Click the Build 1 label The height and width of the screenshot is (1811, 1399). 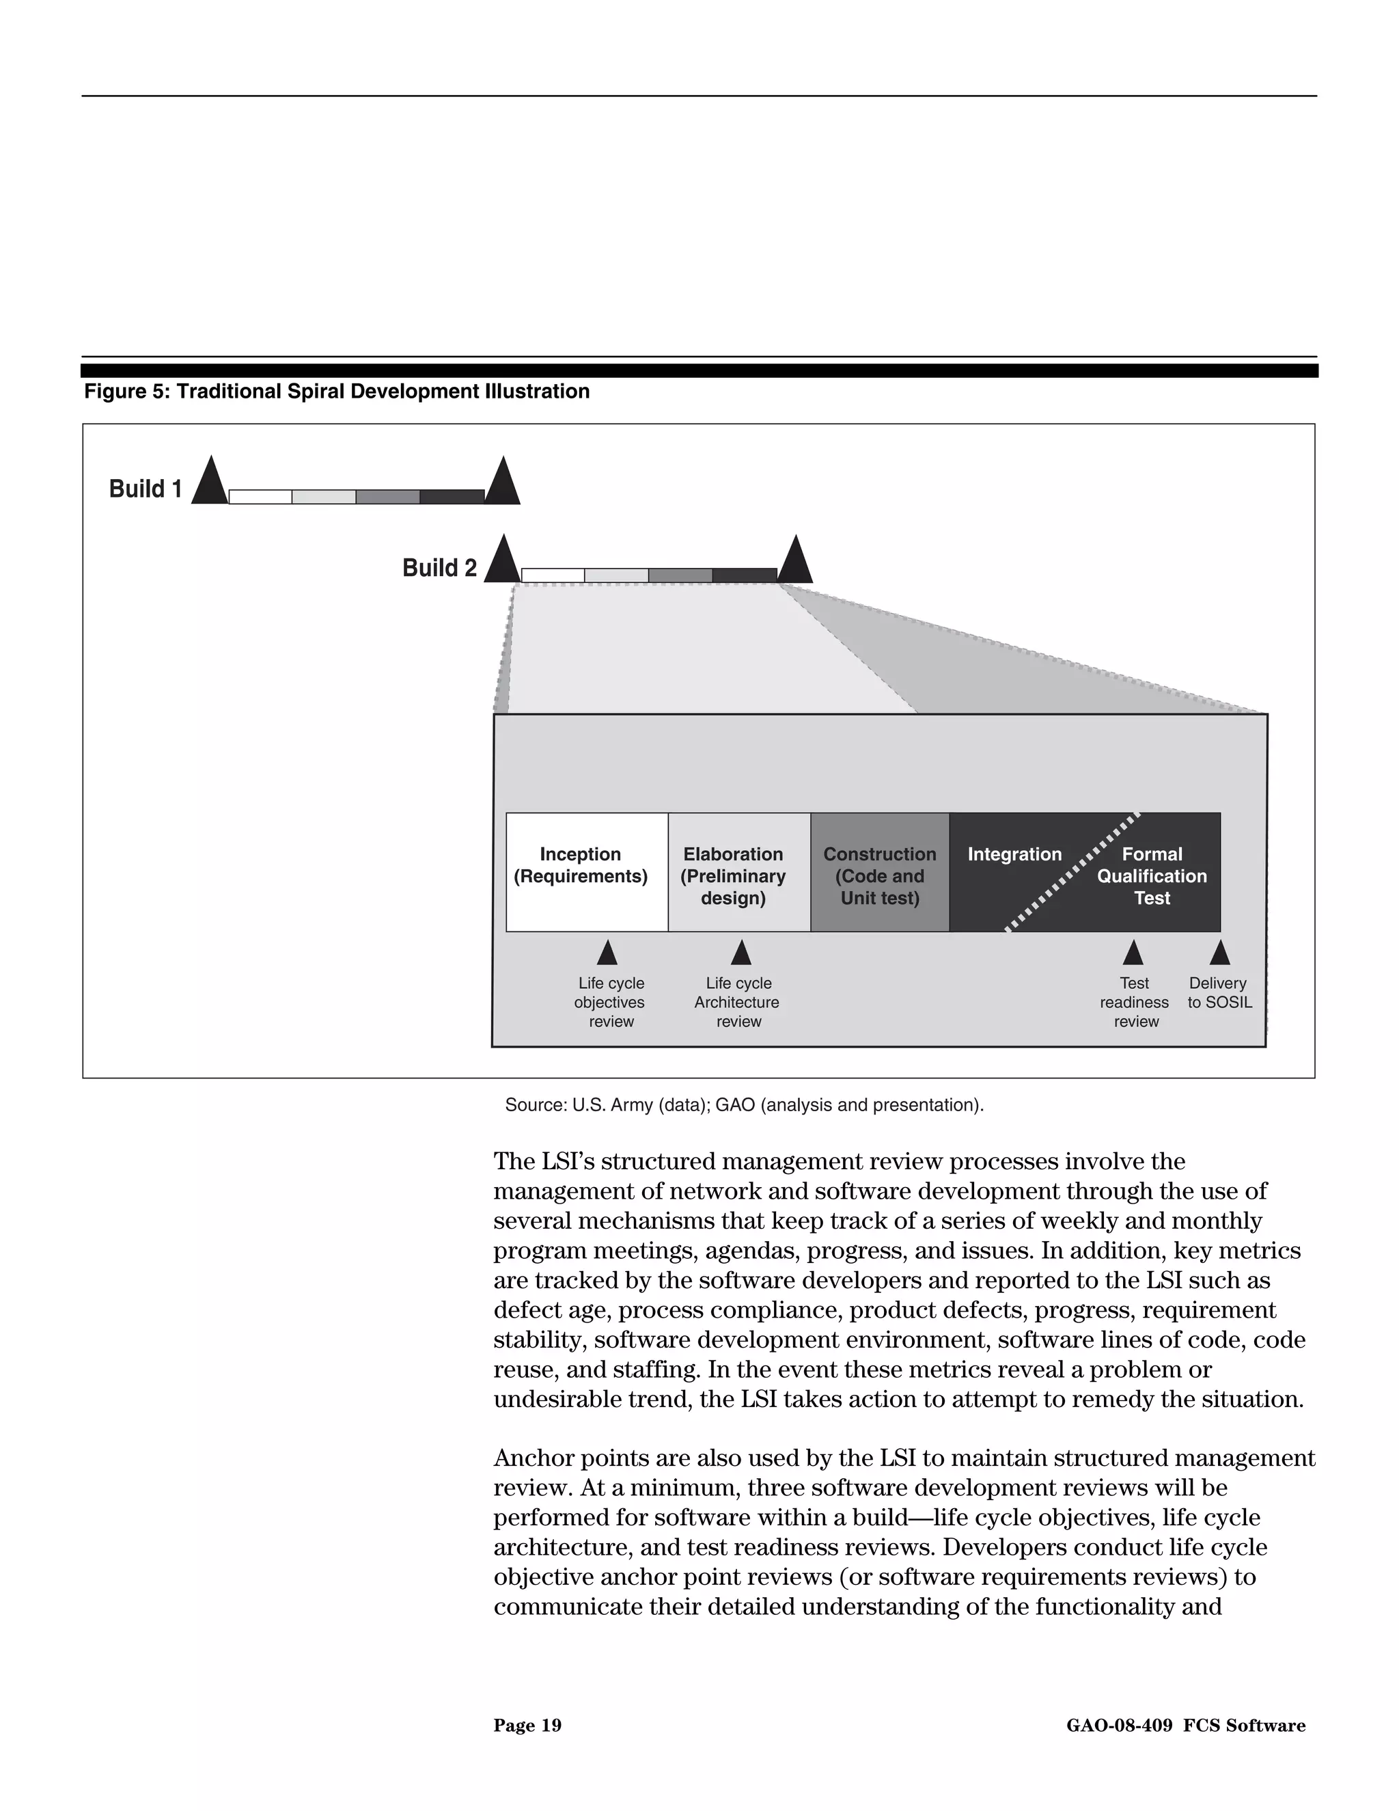tap(146, 489)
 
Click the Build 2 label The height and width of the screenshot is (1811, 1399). tap(439, 568)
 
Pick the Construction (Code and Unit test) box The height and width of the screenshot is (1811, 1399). tap(879, 872)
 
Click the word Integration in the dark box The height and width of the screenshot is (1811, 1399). tap(1014, 854)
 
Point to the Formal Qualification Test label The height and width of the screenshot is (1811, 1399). tap(1151, 875)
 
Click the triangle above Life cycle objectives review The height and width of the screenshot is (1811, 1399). tap(607, 953)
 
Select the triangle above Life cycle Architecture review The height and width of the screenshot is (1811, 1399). tap(741, 953)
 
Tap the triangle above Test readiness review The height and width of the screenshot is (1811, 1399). tap(1133, 953)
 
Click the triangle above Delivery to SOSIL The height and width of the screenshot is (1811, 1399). tap(1219, 953)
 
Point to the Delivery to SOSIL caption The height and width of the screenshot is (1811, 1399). tap(1219, 992)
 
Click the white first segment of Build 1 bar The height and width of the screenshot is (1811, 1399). tap(260, 497)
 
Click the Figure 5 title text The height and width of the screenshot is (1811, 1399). tap(337, 392)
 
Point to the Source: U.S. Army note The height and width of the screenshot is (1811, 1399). tap(743, 1104)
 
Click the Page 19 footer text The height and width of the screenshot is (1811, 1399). tap(527, 1726)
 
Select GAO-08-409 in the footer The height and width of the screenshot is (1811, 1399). tap(1119, 1726)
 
